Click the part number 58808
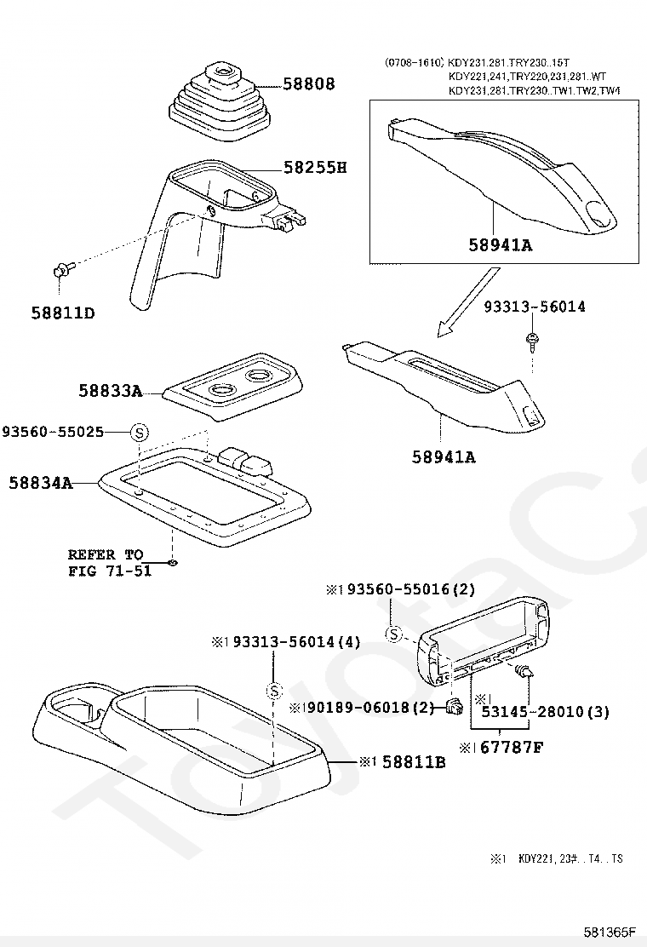309,83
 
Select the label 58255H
315,167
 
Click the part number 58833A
111,391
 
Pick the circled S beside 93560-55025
140,433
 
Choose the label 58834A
41,483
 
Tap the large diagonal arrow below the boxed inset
467,302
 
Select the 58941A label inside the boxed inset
501,244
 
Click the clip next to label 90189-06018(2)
455,704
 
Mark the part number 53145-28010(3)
545,712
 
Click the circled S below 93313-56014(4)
275,691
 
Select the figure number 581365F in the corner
610,931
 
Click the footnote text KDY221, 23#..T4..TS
570,858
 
